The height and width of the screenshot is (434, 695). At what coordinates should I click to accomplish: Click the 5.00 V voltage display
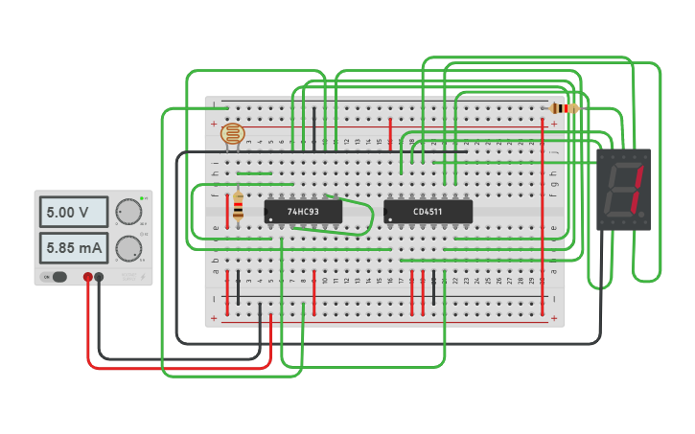pyautogui.click(x=73, y=212)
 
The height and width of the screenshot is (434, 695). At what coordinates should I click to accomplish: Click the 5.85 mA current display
pyautogui.click(x=73, y=249)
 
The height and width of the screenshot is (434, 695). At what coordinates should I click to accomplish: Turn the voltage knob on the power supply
pyautogui.click(x=127, y=212)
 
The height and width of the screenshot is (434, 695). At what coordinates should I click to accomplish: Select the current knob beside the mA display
pyautogui.click(x=127, y=249)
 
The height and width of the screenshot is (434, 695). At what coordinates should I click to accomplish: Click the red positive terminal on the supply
pyautogui.click(x=87, y=277)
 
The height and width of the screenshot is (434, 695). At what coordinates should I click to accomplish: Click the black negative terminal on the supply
pyautogui.click(x=99, y=277)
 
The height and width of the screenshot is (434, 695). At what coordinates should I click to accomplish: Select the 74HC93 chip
pyautogui.click(x=304, y=212)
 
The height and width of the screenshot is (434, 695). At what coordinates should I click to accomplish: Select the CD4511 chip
pyautogui.click(x=428, y=212)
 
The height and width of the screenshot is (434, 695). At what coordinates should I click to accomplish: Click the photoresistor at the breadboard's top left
pyautogui.click(x=232, y=133)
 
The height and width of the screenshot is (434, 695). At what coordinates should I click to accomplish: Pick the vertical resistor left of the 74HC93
pyautogui.click(x=238, y=206)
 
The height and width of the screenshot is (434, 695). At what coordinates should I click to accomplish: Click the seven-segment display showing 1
pyautogui.click(x=624, y=189)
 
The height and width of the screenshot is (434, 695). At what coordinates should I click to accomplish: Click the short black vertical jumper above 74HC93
pyautogui.click(x=313, y=126)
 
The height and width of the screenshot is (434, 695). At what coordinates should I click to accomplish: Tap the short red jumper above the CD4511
pyautogui.click(x=390, y=129)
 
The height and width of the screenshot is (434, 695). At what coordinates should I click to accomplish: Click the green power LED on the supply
pyautogui.click(x=142, y=197)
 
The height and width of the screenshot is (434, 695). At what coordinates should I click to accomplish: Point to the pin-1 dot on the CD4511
pyautogui.click(x=388, y=219)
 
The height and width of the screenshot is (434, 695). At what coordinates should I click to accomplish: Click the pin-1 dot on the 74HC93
pyautogui.click(x=269, y=219)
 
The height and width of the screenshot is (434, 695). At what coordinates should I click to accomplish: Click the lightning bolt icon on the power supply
pyautogui.click(x=144, y=277)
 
